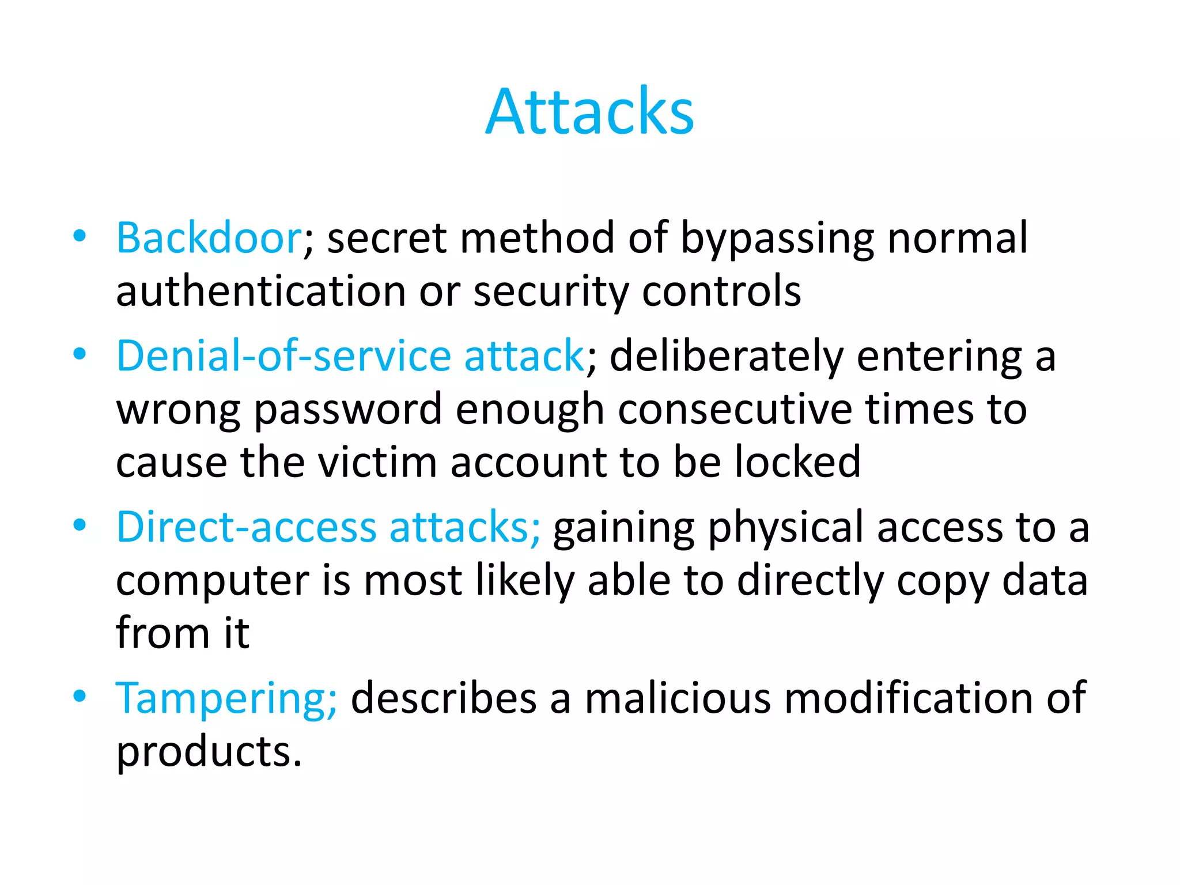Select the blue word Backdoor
point(209,238)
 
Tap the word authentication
point(261,291)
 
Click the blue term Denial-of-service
point(283,355)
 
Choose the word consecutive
point(735,409)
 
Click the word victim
point(377,462)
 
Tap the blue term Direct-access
point(246,527)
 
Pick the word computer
point(213,581)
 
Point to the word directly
point(810,581)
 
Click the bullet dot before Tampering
point(80,695)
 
